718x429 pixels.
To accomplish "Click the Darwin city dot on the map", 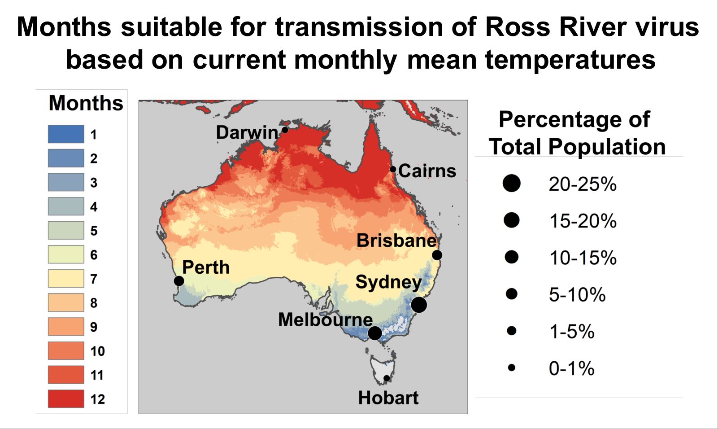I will pos(284,130).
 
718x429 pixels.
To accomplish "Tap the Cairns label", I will pos(426,171).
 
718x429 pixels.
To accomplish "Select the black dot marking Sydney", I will pos(418,305).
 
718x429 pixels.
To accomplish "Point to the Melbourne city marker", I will pos(375,333).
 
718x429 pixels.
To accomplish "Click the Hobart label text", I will pos(388,398).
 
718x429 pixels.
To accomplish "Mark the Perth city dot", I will pos(178,281).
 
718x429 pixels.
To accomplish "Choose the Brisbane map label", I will pos(396,241).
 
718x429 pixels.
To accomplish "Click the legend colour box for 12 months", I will pos(66,398).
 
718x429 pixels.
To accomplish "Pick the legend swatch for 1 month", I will pos(66,134).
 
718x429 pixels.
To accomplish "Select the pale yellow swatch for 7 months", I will pos(66,278).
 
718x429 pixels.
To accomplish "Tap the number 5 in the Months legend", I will pos(94,231).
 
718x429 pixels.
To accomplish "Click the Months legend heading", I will pos(86,103).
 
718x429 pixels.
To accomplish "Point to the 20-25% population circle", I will pos(511,183).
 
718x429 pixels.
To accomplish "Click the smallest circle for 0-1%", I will pos(511,368).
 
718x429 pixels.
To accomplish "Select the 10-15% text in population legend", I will pos(583,258).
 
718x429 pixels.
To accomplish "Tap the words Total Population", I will pos(577,147).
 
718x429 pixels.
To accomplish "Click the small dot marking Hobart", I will pos(387,378).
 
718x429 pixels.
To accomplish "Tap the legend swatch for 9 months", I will pos(66,326).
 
